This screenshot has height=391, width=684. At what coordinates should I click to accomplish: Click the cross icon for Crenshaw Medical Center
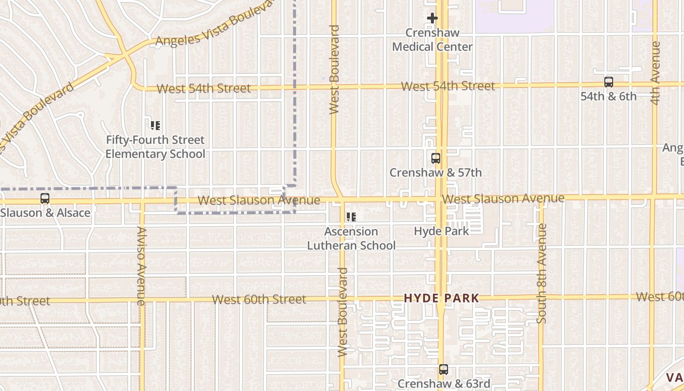pyautogui.click(x=432, y=19)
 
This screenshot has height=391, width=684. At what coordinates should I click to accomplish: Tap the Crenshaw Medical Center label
pyautogui.click(x=432, y=40)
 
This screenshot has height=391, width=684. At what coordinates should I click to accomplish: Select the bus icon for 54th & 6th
pyautogui.click(x=609, y=82)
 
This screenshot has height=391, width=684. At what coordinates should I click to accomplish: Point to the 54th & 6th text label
pyautogui.click(x=609, y=97)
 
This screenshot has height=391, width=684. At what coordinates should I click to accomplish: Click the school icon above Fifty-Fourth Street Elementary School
pyautogui.click(x=155, y=126)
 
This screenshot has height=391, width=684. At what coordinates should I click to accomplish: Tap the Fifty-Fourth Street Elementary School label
pyautogui.click(x=155, y=147)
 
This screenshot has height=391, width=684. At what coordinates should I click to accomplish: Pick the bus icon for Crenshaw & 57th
pyautogui.click(x=435, y=158)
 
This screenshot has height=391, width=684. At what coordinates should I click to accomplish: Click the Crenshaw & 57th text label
pyautogui.click(x=435, y=173)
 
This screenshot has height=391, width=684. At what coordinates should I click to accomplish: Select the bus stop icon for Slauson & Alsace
pyautogui.click(x=45, y=198)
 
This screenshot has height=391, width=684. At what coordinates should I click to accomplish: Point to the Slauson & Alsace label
pyautogui.click(x=45, y=213)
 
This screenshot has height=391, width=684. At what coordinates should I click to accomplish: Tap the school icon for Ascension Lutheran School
pyautogui.click(x=351, y=217)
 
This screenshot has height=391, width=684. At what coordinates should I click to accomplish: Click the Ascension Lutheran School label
pyautogui.click(x=351, y=239)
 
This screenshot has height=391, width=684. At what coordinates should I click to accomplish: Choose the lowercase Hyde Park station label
pyautogui.click(x=441, y=231)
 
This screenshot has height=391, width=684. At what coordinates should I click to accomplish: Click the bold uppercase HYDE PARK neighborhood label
pyautogui.click(x=441, y=298)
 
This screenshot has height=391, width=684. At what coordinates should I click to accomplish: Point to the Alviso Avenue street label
pyautogui.click(x=141, y=266)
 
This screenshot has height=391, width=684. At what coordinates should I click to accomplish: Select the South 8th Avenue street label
pyautogui.click(x=541, y=273)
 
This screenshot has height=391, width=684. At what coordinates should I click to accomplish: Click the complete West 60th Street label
pyautogui.click(x=259, y=299)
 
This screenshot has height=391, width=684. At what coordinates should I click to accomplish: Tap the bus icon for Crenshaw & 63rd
pyautogui.click(x=443, y=369)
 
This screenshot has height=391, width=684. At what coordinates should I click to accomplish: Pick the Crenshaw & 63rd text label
pyautogui.click(x=444, y=384)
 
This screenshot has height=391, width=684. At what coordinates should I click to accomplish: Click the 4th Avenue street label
pyautogui.click(x=656, y=72)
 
